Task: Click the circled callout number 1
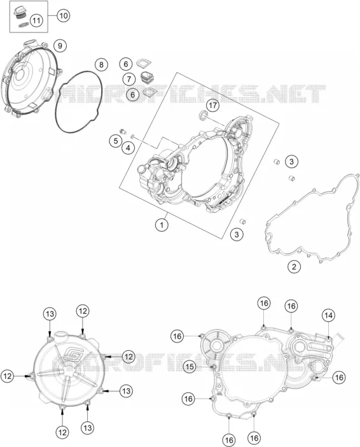(162, 225)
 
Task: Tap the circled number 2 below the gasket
(294, 267)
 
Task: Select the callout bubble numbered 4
(128, 148)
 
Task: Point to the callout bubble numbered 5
(116, 141)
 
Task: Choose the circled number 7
(129, 78)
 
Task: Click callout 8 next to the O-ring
(101, 65)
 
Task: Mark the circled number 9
(60, 46)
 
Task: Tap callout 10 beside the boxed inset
(63, 15)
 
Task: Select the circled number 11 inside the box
(36, 20)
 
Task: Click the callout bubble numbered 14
(328, 315)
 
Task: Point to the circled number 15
(190, 366)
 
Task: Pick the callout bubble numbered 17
(212, 106)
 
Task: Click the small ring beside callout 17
(203, 115)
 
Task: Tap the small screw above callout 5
(123, 131)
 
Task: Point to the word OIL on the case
(219, 394)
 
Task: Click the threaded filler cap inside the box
(20, 13)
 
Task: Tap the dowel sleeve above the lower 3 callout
(242, 222)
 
